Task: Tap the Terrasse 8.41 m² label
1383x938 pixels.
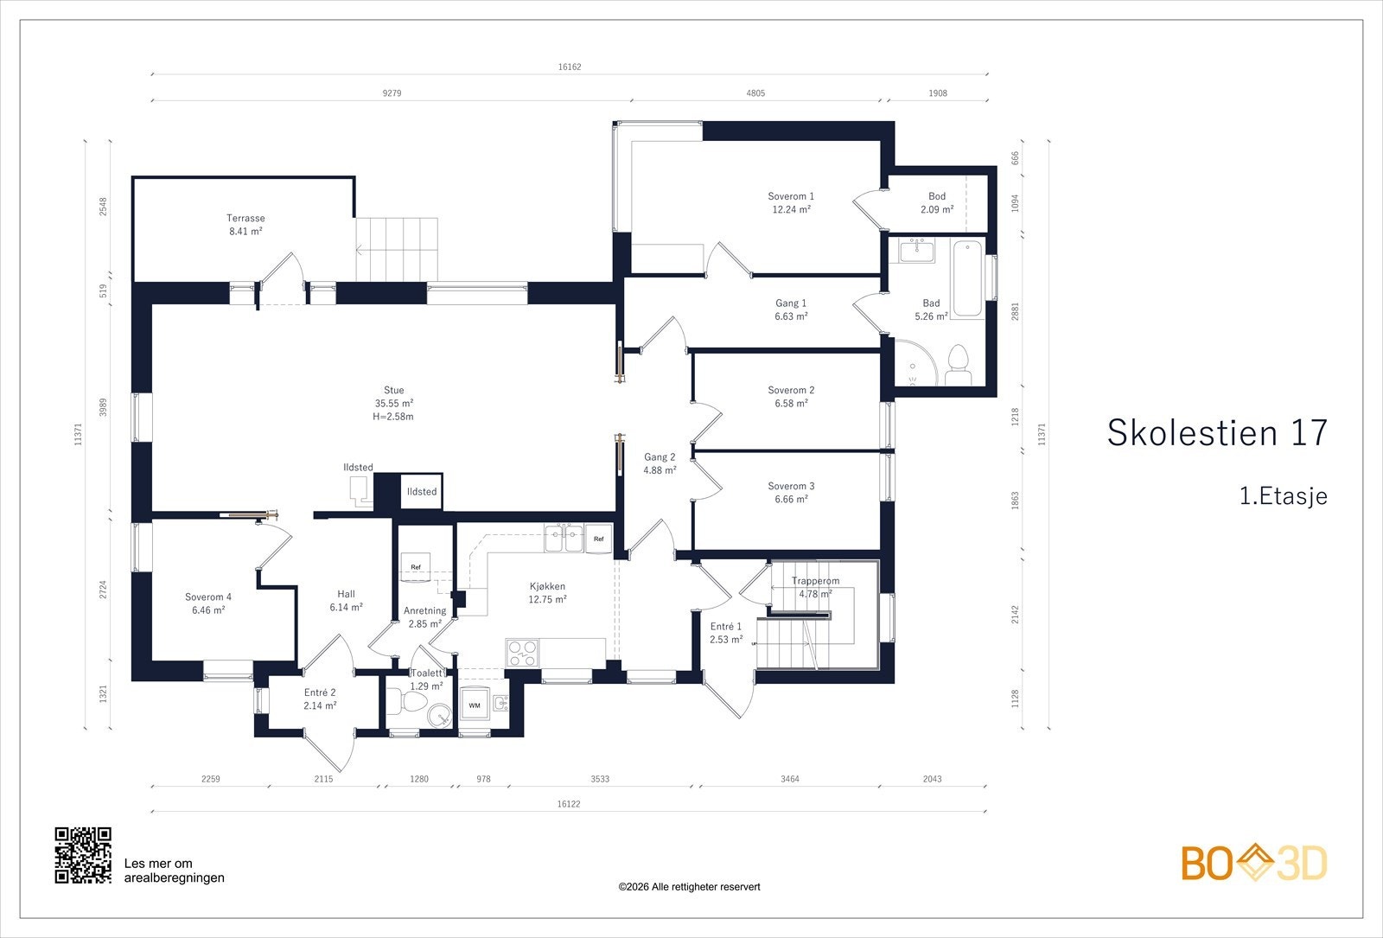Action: tap(245, 225)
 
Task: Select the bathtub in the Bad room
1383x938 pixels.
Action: tap(967, 279)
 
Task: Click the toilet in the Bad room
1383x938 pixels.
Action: tap(959, 366)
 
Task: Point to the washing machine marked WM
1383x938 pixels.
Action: tap(475, 705)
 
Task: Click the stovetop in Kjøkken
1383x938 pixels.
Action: tap(522, 653)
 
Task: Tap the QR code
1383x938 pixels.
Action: tap(83, 855)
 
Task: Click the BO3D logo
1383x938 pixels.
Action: tap(1254, 863)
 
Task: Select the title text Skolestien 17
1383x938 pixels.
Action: tap(1217, 432)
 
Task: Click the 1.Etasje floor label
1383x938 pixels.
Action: tap(1284, 496)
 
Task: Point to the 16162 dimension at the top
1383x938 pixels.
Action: tap(570, 67)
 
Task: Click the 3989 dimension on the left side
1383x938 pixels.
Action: tap(103, 407)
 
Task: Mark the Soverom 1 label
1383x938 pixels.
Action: tap(791, 196)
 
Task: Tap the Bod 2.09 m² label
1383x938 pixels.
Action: tap(937, 202)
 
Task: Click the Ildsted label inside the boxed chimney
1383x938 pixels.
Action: tap(422, 492)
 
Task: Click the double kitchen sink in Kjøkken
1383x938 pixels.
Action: tap(564, 539)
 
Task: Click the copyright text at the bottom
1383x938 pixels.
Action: tap(689, 887)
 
